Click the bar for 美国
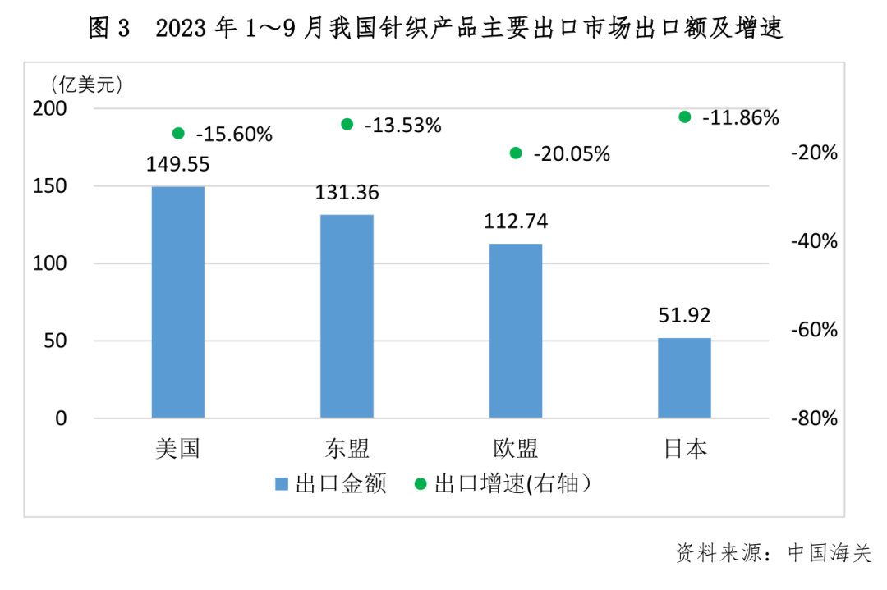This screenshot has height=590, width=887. (x=178, y=302)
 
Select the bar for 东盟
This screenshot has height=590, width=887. (x=347, y=316)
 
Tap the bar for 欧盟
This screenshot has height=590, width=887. (x=516, y=331)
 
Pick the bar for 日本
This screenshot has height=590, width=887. (x=684, y=377)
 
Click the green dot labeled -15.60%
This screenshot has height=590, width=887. (x=178, y=133)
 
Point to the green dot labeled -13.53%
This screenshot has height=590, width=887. (x=347, y=124)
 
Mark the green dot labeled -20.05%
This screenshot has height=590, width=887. (x=516, y=153)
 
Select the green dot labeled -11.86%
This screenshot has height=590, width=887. (x=685, y=117)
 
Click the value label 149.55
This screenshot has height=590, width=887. (x=178, y=164)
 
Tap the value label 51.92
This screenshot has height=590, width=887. (x=684, y=316)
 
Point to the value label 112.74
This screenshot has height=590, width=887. (x=517, y=222)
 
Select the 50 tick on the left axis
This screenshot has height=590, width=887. (x=56, y=341)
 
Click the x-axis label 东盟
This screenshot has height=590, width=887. (x=347, y=449)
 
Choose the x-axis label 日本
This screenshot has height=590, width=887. (x=684, y=449)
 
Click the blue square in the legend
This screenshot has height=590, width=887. (x=281, y=483)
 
